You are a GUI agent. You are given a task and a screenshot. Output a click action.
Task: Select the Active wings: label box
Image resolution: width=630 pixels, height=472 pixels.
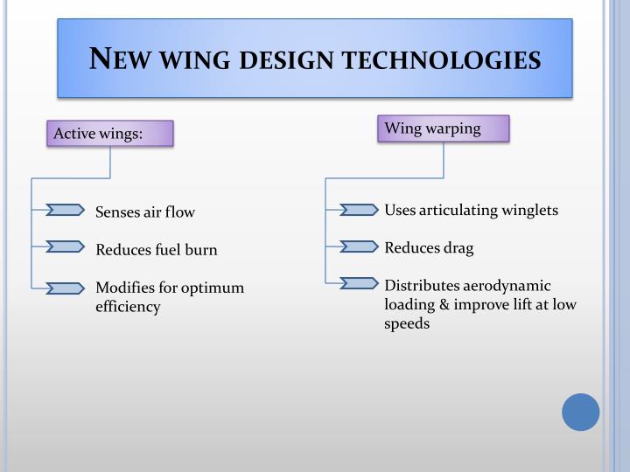tap(110, 134)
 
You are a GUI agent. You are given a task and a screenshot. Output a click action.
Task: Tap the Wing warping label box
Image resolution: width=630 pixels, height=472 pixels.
tap(444, 128)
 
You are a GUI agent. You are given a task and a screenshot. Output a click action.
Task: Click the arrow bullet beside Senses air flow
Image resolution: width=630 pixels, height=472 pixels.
tap(65, 209)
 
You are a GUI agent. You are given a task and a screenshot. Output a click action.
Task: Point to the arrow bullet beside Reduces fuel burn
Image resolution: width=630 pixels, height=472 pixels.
tap(65, 247)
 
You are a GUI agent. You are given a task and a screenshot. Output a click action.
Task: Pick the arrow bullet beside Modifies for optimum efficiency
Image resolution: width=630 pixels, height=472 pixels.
tap(65, 286)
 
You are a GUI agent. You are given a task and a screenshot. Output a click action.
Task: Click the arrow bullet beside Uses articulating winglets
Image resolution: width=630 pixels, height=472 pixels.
tap(359, 209)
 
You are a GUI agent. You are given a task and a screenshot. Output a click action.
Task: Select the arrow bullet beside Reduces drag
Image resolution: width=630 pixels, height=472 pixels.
tap(359, 246)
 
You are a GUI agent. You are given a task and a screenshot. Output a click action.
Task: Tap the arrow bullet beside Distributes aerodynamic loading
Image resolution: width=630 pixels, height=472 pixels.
tap(359, 282)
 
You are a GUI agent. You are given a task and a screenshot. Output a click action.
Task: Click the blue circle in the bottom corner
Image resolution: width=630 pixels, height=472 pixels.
tap(580, 412)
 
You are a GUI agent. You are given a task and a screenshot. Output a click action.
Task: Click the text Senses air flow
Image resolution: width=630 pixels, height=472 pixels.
tap(145, 212)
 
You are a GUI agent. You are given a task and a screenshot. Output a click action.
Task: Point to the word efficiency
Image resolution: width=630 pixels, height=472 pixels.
tap(128, 307)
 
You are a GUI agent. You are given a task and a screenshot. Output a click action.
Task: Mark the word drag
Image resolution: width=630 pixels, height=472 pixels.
tap(457, 248)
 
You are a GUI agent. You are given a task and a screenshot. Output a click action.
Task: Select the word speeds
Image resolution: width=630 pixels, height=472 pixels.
tap(407, 323)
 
